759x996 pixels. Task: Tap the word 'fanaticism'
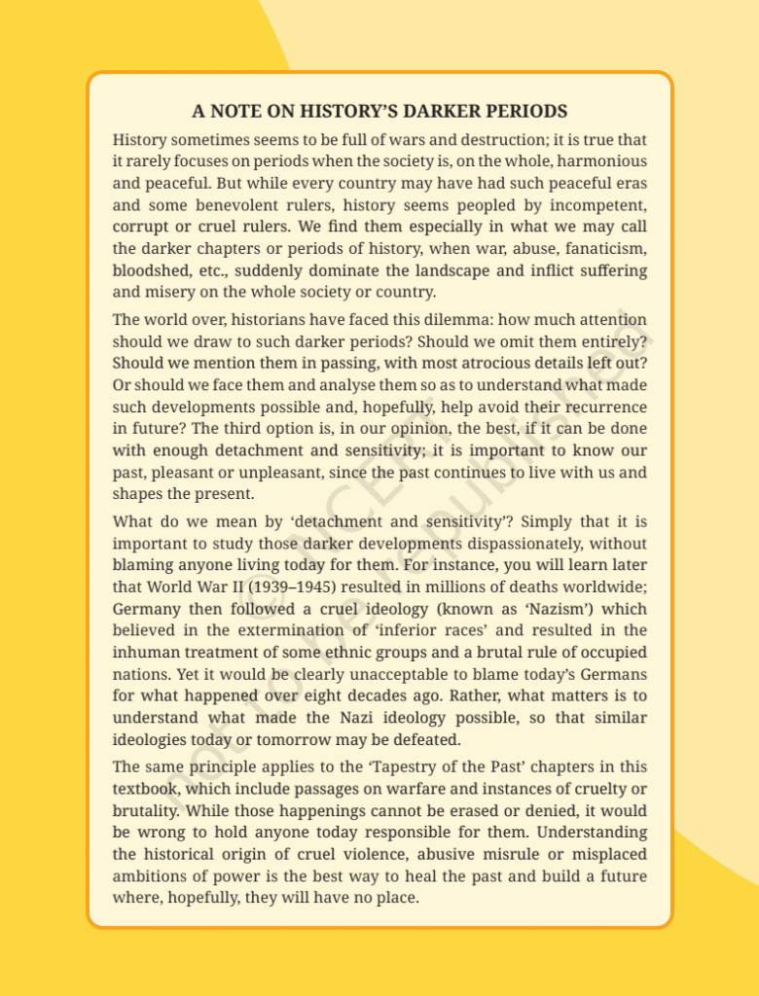pos(602,248)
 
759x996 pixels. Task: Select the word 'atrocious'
pos(461,363)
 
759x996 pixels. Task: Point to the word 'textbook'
pos(145,788)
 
